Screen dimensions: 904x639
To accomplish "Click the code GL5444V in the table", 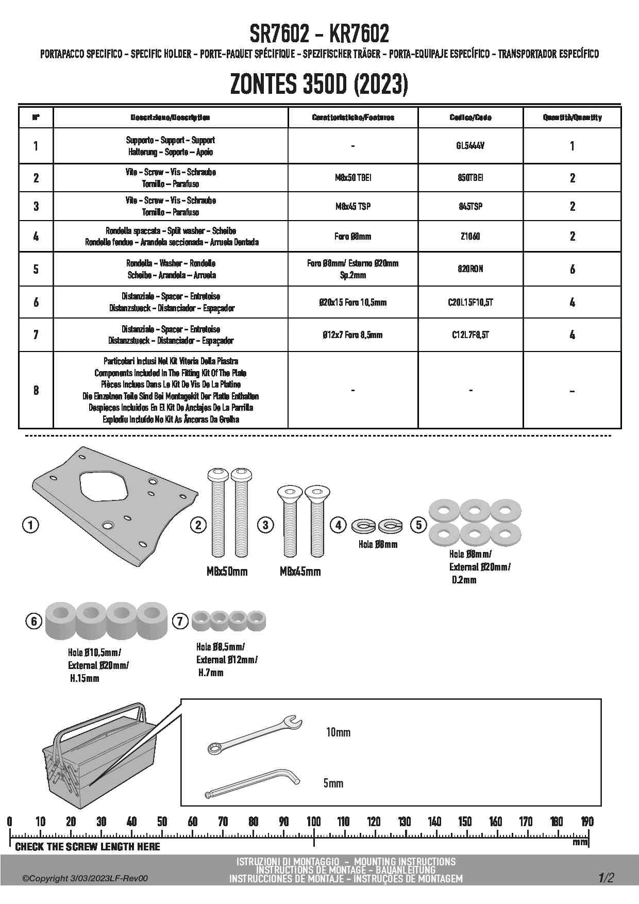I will tap(470, 146).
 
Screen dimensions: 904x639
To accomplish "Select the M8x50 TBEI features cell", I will tap(353, 178).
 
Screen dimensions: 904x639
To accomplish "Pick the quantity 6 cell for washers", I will tap(572, 269).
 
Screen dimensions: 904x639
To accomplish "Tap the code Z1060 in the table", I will tap(470, 237).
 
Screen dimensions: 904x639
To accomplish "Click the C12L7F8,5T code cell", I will tap(470, 335).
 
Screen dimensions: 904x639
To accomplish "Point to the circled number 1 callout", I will tap(31, 525).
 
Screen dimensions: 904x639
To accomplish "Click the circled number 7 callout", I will tap(180, 621).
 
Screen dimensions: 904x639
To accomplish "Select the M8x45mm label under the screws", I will tap(300, 572).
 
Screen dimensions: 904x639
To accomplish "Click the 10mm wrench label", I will tap(338, 732).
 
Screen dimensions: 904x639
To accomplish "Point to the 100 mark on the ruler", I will tap(313, 822).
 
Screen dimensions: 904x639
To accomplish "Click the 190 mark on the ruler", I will tap(587, 822).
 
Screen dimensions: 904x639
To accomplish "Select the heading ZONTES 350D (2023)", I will tap(319, 85).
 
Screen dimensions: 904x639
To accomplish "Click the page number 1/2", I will tap(606, 878).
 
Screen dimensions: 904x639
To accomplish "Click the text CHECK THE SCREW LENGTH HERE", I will tap(88, 847).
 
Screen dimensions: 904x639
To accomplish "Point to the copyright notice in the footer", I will tap(85, 878).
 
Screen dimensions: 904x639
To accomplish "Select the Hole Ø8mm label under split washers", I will tap(378, 544).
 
